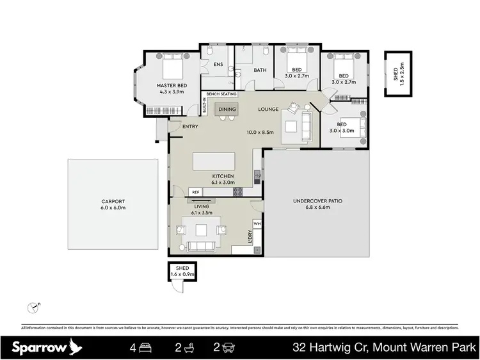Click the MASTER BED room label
click(172, 85)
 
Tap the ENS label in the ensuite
click(218, 64)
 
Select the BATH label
click(260, 70)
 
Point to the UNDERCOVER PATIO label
click(317, 200)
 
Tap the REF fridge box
click(196, 191)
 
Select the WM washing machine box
click(257, 223)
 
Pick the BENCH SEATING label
click(221, 94)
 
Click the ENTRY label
click(190, 126)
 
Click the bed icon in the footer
click(146, 348)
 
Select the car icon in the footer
click(229, 348)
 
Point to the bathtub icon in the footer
click(187, 348)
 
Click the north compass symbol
click(33, 308)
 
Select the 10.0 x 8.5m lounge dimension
click(261, 133)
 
